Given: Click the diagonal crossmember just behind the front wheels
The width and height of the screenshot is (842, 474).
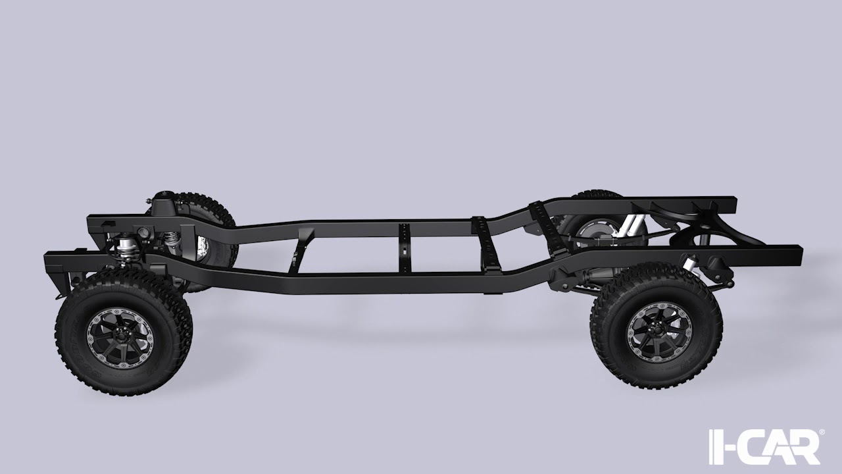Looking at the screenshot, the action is [x=300, y=250].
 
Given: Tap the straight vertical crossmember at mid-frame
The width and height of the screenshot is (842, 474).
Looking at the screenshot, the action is [x=405, y=248].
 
